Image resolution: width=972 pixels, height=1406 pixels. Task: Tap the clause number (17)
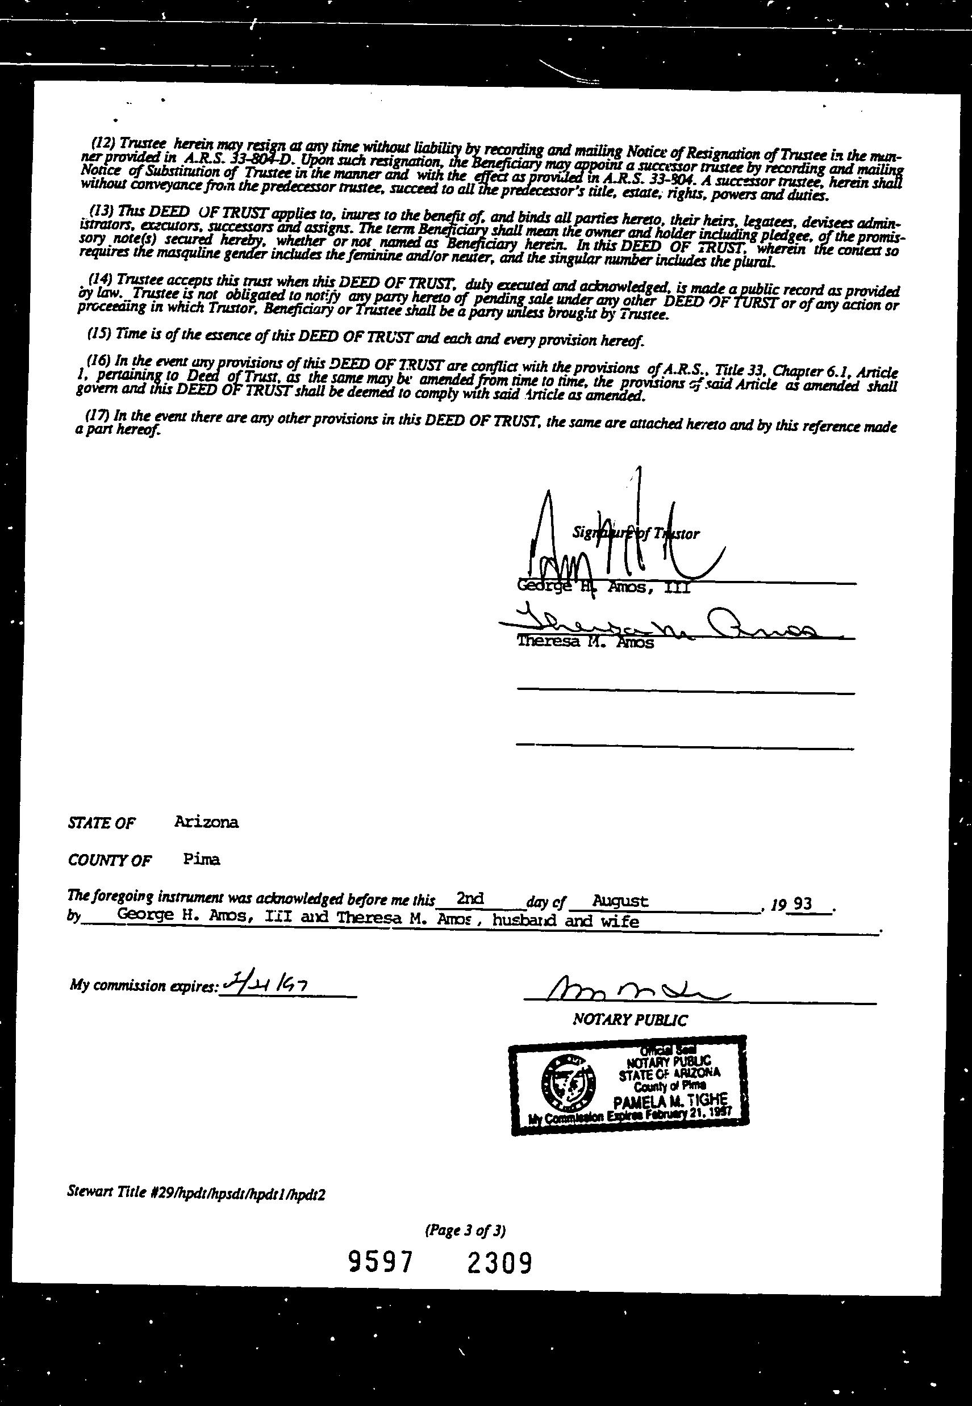point(98,416)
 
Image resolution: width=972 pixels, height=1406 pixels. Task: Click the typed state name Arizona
point(206,822)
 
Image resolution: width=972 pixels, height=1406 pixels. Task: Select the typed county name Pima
point(201,859)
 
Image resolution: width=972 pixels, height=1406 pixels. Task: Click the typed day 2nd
point(470,898)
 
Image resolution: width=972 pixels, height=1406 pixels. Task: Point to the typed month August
point(620,899)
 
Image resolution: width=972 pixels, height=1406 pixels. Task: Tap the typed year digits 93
point(803,903)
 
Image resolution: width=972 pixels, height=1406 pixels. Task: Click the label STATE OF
point(102,823)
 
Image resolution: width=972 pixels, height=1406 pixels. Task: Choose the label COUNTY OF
point(110,860)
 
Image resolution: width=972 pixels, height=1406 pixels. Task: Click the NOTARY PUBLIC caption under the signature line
point(631,1019)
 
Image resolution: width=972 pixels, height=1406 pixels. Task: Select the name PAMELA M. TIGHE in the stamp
point(670,1100)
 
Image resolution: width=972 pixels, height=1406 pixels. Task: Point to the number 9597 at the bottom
point(381,1262)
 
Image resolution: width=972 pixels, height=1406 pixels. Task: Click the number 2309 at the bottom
point(499,1262)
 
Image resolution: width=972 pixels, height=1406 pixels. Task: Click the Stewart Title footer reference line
point(196,1194)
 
